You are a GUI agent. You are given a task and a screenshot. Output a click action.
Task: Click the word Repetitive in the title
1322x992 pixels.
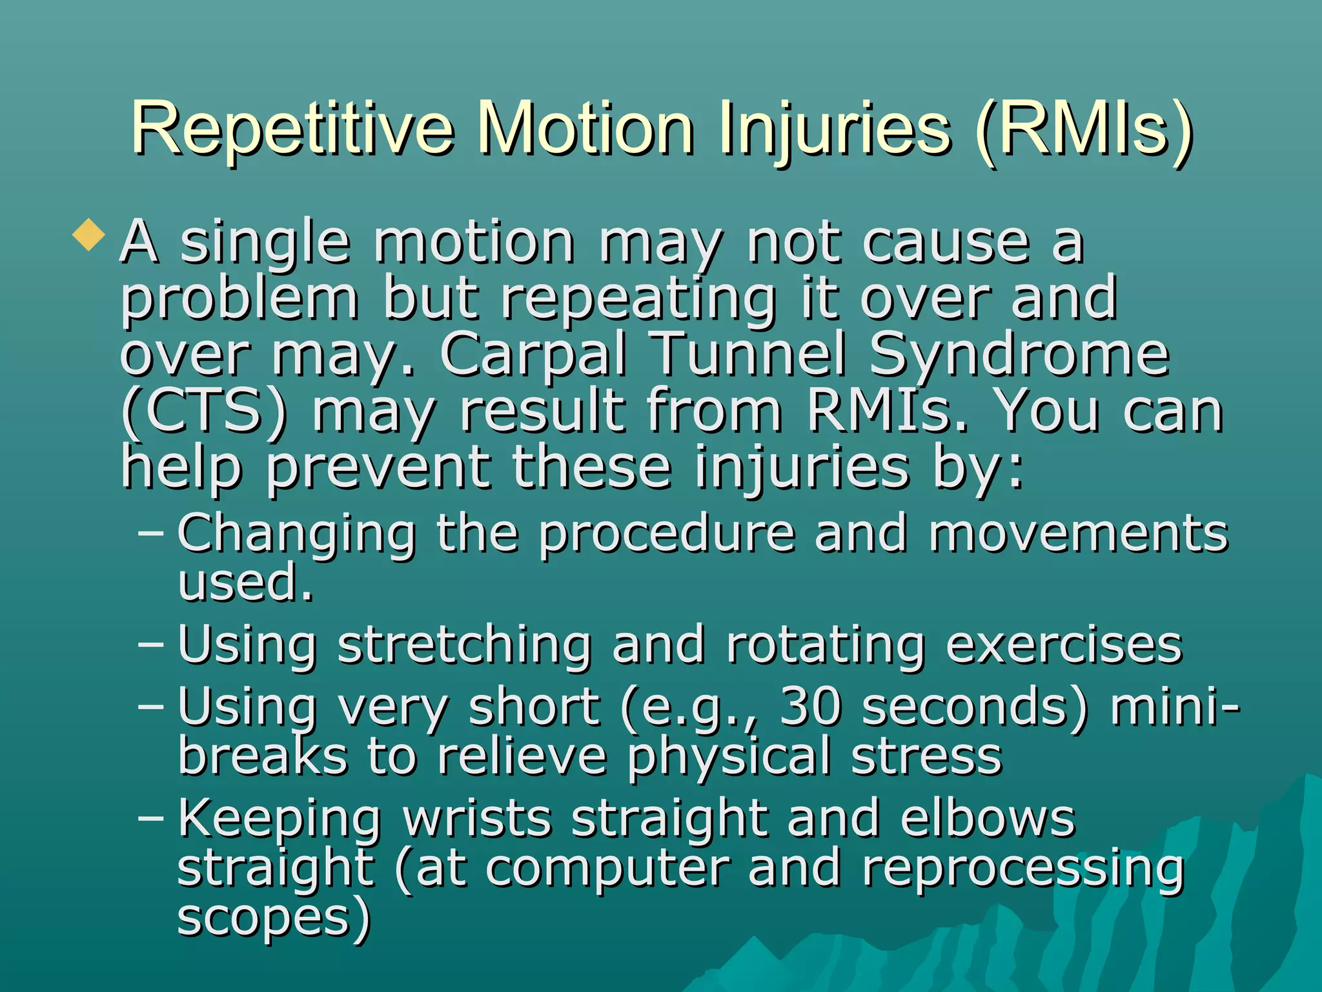[292, 129]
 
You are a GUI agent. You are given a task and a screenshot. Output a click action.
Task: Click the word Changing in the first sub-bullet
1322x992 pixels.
[297, 535]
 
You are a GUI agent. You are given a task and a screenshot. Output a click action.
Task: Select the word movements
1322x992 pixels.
[1078, 534]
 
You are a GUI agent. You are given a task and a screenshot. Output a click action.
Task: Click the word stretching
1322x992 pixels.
[464, 646]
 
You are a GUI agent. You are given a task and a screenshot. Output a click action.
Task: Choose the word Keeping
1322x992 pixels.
[280, 820]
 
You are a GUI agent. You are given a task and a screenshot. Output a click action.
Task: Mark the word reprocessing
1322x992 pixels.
[1023, 870]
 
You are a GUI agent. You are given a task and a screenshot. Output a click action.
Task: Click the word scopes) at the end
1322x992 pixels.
[274, 918]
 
